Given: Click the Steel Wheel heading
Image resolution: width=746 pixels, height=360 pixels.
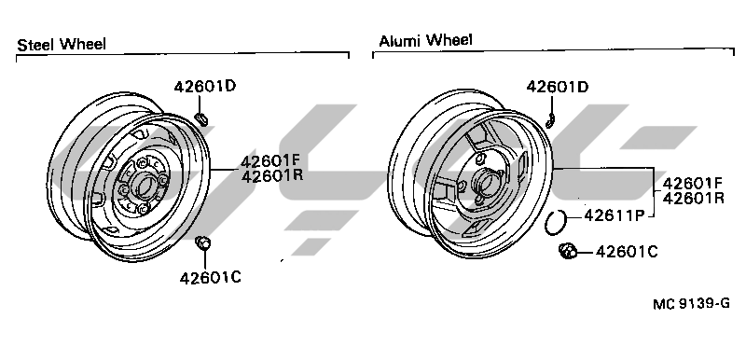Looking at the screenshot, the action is pos(62,45).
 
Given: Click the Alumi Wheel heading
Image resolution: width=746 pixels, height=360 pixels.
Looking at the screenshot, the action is pos(425,40).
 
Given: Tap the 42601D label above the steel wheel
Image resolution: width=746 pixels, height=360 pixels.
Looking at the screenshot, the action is pos(204,87).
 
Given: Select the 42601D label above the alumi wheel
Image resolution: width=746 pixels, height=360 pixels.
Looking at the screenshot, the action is pos(557,87).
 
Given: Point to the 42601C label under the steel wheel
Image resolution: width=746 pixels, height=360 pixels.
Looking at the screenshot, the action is pos(211,278).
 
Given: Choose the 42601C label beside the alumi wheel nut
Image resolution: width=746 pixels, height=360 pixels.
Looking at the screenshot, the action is pos(627,252).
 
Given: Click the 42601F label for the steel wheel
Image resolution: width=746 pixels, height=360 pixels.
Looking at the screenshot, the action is pos(271,161).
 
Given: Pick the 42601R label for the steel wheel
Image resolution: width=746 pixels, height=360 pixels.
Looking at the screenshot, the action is pos(271,176).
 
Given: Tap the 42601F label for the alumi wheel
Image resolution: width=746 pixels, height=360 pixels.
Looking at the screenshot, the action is pos(693,183).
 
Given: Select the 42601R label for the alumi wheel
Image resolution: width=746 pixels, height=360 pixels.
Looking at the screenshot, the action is pos(693,198).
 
